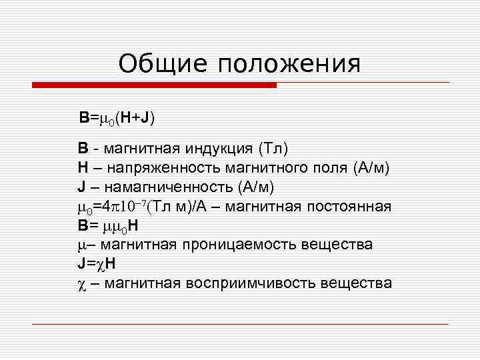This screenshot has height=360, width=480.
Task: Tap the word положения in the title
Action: pos(289,64)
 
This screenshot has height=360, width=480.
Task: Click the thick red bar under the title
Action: pos(154,85)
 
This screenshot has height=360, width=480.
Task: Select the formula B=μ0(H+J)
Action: pos(117,119)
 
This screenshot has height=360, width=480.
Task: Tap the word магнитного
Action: pos(264,166)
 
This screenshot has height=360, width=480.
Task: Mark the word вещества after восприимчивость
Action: pos(357,283)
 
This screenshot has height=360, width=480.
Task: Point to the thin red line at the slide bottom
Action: pos(240,324)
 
